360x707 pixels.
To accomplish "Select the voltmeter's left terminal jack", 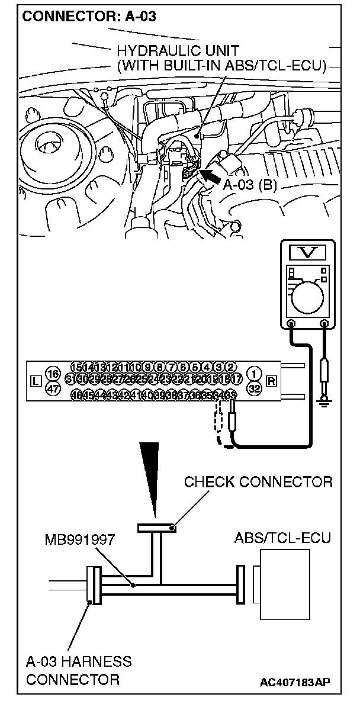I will pyautogui.click(x=291, y=324).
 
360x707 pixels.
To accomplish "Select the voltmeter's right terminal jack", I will pyautogui.click(x=324, y=324).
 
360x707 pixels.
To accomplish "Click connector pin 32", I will pyautogui.click(x=255, y=388).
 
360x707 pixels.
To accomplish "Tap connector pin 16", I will pyautogui.click(x=53, y=374).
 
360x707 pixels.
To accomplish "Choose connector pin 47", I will pyautogui.click(x=53, y=388).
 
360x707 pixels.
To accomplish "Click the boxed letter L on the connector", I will pyautogui.click(x=35, y=381).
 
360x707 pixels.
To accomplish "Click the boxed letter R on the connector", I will pyautogui.click(x=272, y=381).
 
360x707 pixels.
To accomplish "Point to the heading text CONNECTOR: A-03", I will pyautogui.click(x=89, y=17).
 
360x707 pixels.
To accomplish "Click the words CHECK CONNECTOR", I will pyautogui.click(x=258, y=482).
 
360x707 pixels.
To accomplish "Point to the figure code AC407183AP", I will pyautogui.click(x=295, y=683).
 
